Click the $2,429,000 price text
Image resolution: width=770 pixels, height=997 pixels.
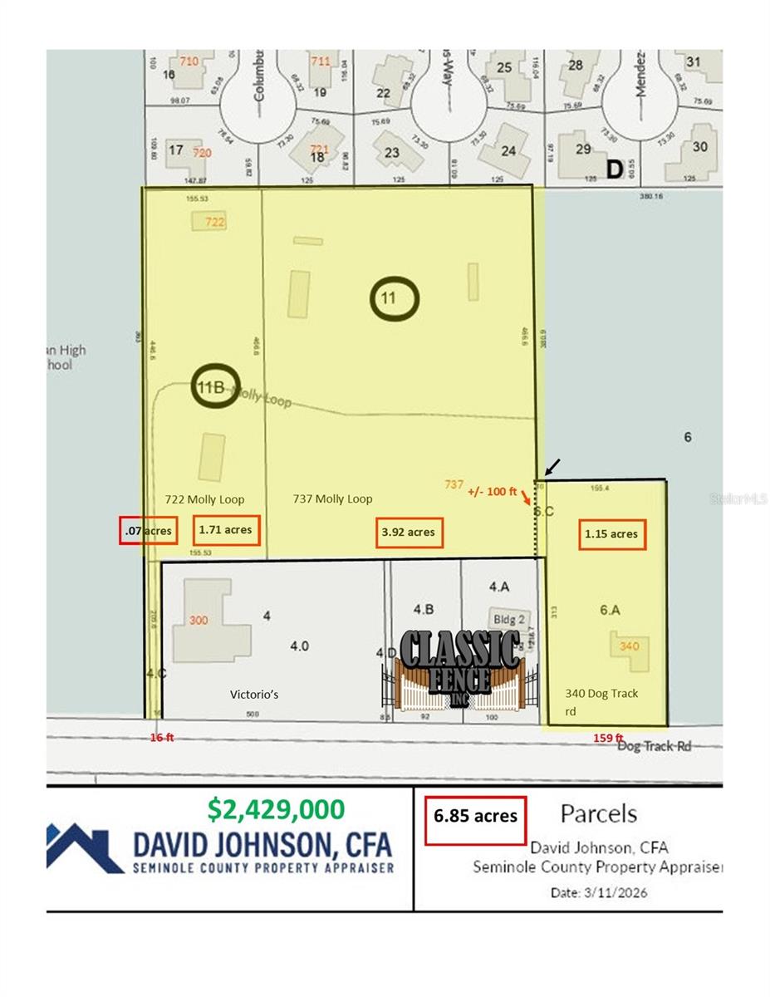pos(276,808)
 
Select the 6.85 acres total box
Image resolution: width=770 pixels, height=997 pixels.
pos(475,816)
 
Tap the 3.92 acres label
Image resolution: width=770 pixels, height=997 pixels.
pos(409,533)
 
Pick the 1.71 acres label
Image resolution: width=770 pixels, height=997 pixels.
pos(226,529)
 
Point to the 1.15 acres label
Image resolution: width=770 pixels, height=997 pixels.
pos(611,533)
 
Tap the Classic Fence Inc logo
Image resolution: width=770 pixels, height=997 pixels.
pos(461,670)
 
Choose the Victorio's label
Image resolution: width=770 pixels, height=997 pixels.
pos(253,694)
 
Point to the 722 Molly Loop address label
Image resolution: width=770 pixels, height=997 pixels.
pos(204,499)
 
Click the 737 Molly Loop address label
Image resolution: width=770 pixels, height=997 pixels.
pos(332,499)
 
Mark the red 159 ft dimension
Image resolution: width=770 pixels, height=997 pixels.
pos(608,737)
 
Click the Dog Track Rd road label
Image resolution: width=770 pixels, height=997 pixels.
pos(655,746)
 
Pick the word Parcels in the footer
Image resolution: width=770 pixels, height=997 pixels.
pos(598,813)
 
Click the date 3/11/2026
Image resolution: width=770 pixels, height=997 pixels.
pos(598,893)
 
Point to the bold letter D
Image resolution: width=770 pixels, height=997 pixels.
pos(614,169)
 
